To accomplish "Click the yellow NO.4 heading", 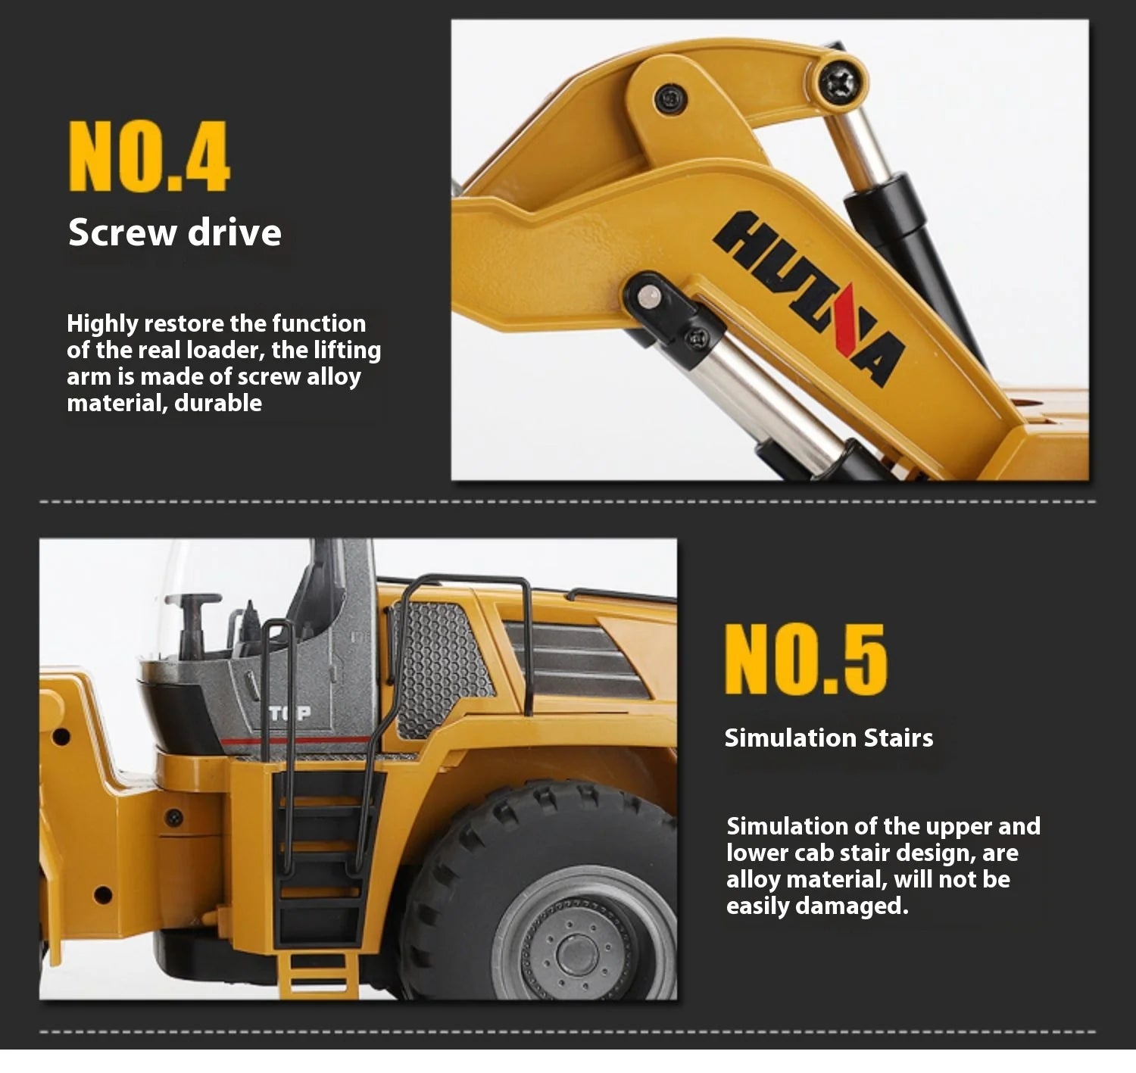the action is point(148,155).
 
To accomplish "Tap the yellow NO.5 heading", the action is point(806,660).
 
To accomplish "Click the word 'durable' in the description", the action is point(219,404).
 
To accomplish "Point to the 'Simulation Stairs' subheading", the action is point(829,738).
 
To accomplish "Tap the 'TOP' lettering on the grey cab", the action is point(290,713).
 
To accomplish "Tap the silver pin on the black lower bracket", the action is point(648,296).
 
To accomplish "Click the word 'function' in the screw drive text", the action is point(319,324).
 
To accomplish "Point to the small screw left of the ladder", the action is point(174,818).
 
